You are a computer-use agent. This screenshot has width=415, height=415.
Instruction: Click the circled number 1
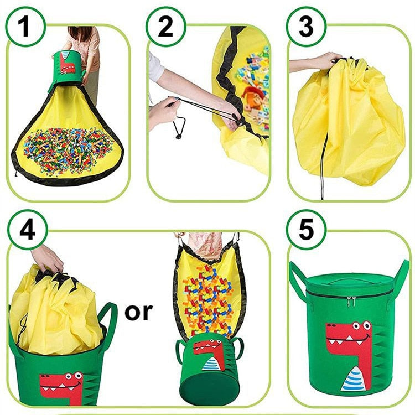click(25, 27)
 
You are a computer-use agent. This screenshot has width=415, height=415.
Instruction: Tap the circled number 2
click(165, 27)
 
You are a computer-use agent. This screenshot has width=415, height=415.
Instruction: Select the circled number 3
click(306, 27)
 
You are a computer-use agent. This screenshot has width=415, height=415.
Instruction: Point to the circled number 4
click(27, 230)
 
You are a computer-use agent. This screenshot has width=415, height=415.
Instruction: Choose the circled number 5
click(306, 230)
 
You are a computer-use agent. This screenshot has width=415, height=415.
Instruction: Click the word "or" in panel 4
click(139, 312)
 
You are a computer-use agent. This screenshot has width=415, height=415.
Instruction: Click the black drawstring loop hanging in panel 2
click(179, 127)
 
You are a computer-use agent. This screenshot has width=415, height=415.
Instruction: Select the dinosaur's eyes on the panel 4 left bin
click(74, 376)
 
